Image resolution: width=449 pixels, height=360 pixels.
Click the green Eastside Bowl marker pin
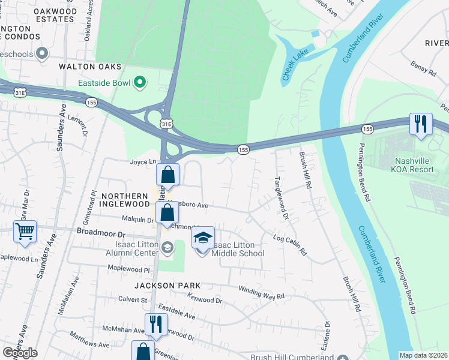pyautogui.click(x=140, y=82)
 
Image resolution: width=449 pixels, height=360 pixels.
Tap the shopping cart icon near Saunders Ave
pyautogui.click(x=25, y=231)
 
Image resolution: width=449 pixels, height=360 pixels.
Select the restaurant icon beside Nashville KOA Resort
pyautogui.click(x=420, y=124)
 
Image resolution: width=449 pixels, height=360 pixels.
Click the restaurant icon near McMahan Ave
pyautogui.click(x=156, y=324)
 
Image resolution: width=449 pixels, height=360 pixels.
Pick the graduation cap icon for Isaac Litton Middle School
pyautogui.click(x=203, y=238)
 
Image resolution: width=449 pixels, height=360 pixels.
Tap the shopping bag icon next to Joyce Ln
pyautogui.click(x=168, y=175)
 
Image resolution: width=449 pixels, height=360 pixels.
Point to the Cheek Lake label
pyautogui.click(x=295, y=66)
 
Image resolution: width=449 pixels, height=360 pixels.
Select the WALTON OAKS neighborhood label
pyautogui.click(x=90, y=67)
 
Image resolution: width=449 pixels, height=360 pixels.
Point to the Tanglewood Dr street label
pyautogui.click(x=282, y=197)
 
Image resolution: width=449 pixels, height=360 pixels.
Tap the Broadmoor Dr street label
pyautogui.click(x=100, y=233)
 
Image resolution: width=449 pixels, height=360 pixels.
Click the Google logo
pyautogui.click(x=19, y=353)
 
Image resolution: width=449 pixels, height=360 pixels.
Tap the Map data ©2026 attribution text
pyautogui.click(x=423, y=355)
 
